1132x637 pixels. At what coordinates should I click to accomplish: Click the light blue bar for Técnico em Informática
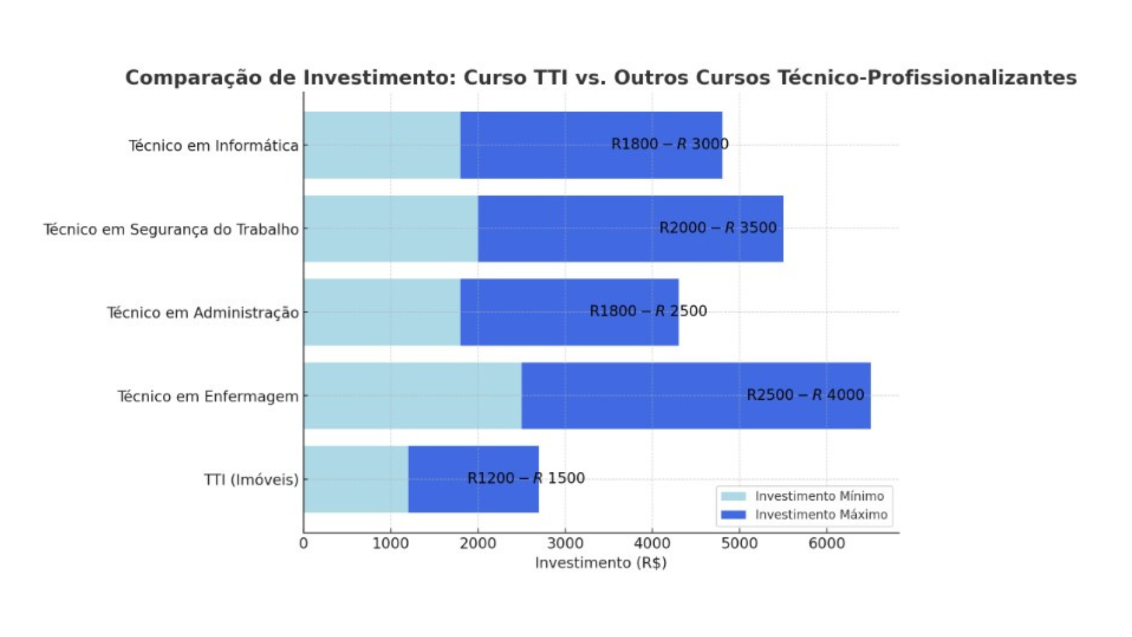(382, 145)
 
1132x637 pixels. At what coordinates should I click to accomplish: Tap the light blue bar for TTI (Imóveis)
(356, 479)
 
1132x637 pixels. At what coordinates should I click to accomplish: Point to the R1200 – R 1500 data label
(525, 478)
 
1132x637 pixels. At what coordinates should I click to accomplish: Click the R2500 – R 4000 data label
(805, 395)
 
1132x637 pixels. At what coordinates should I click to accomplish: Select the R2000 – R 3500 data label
(718, 228)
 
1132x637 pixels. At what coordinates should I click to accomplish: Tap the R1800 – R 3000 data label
(669, 144)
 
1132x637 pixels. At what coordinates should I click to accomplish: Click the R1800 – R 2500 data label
(648, 311)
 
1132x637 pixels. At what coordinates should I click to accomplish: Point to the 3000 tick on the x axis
(565, 543)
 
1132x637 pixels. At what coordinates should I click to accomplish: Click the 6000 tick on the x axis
(826, 543)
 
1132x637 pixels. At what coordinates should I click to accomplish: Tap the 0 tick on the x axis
(304, 543)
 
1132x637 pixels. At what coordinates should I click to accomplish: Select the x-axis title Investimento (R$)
(601, 563)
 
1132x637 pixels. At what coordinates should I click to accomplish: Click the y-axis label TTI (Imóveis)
(251, 480)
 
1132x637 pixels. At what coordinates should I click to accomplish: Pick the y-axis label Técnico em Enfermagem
(208, 396)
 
